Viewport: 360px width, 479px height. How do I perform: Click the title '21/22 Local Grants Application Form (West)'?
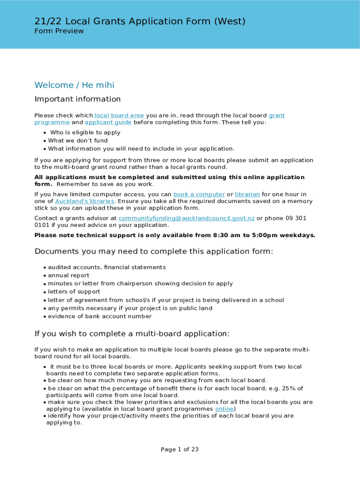(x=140, y=21)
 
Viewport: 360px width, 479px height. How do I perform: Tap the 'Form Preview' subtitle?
(x=59, y=31)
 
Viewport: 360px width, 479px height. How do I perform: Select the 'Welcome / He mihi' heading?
(x=74, y=85)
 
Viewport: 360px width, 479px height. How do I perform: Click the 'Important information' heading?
(x=78, y=99)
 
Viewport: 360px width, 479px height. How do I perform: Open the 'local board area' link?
(x=119, y=116)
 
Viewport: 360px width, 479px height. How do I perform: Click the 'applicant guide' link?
(x=108, y=123)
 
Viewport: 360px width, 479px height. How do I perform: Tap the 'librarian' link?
(x=247, y=195)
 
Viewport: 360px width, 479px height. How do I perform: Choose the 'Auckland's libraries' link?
(x=85, y=201)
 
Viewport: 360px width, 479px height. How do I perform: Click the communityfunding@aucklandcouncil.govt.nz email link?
(x=187, y=218)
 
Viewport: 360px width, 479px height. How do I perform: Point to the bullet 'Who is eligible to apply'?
(x=85, y=133)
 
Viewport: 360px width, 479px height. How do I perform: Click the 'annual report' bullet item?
(x=69, y=276)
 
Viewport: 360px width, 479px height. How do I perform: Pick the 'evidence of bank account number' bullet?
(x=100, y=317)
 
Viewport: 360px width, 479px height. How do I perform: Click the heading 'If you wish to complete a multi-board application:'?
(x=132, y=334)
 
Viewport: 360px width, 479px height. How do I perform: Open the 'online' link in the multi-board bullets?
(x=224, y=409)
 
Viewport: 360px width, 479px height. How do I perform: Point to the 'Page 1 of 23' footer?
(x=180, y=450)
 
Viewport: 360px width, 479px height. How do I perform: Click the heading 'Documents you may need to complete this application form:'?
(x=154, y=252)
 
